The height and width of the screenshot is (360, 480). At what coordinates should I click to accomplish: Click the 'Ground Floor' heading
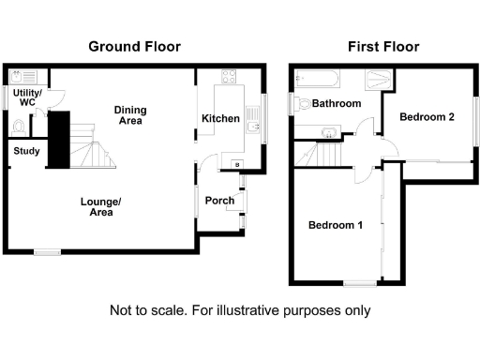pos(134,46)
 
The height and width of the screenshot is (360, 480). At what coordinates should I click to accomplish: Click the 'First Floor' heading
pos(383,46)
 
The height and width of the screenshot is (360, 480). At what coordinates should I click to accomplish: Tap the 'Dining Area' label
pos(130,115)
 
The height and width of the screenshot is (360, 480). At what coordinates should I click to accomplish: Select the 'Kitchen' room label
pos(220,117)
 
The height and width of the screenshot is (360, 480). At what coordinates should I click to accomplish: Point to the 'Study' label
pos(25,149)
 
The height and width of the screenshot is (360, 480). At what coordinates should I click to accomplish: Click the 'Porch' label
pos(219,200)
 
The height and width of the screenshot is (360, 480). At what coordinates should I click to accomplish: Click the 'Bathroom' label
pos(337,104)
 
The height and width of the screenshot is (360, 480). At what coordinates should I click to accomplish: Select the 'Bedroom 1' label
pos(336,225)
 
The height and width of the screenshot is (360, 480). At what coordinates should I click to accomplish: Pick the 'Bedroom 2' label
pos(427,117)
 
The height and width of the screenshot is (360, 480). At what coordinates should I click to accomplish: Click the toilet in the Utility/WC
pos(20,126)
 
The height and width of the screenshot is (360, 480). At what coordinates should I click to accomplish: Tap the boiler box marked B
pos(235,165)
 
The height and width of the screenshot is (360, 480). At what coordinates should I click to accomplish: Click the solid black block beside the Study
pos(58,140)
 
